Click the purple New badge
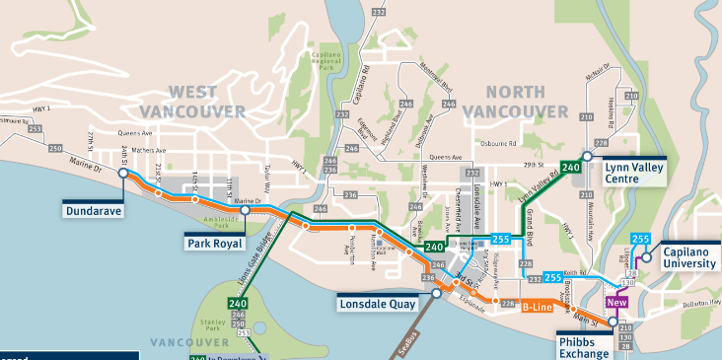click(x=618, y=302)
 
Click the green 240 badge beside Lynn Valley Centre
click(x=570, y=167)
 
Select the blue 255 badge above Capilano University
click(x=640, y=239)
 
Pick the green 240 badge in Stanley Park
click(x=237, y=303)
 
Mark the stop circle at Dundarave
click(x=123, y=173)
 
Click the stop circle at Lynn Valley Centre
click(x=587, y=156)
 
